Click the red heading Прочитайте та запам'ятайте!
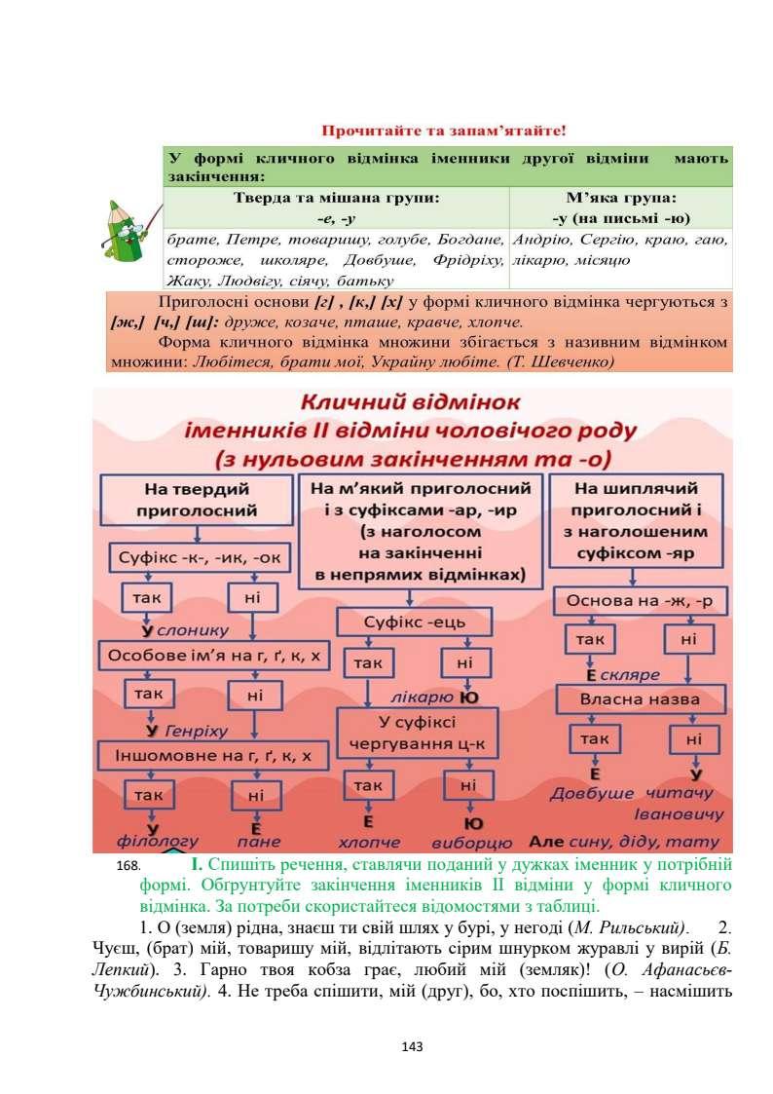pyautogui.click(x=443, y=130)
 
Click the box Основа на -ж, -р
pyautogui.click(x=641, y=601)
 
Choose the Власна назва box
pyautogui.click(x=641, y=699)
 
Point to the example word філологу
pyautogui.click(x=158, y=841)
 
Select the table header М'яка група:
pyautogui.click(x=620, y=196)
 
